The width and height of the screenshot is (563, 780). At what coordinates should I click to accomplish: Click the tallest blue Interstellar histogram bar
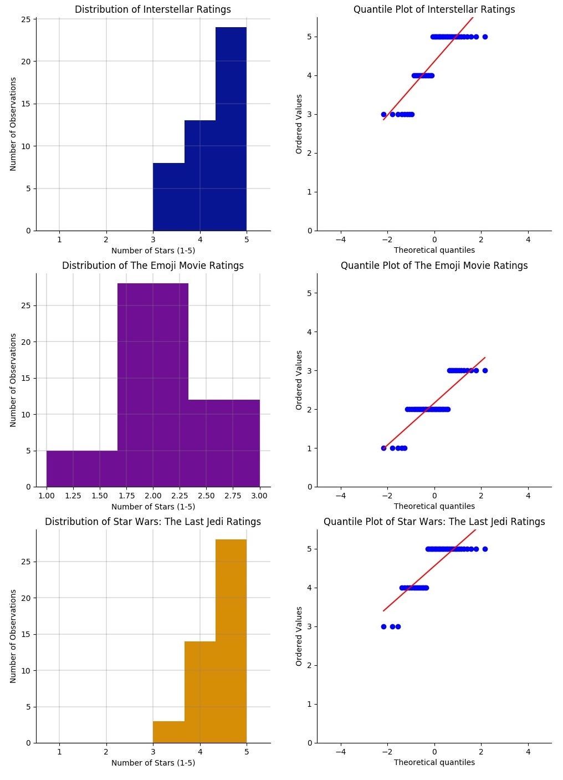[x=231, y=129]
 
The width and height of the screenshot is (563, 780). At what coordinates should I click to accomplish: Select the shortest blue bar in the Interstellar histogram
[x=168, y=197]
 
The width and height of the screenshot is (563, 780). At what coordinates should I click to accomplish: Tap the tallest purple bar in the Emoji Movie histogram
[x=153, y=385]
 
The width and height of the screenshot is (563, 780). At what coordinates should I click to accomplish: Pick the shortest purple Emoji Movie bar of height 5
[x=82, y=468]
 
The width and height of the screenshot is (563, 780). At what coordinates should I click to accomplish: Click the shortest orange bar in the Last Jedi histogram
[x=168, y=732]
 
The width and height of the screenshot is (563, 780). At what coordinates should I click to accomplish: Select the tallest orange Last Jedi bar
[x=231, y=641]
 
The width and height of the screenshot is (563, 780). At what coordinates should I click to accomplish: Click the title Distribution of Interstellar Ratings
[x=153, y=9]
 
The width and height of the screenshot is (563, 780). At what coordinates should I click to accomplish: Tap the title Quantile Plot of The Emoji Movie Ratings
[x=434, y=266]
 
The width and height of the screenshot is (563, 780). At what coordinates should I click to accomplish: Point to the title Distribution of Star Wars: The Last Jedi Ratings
[x=153, y=522]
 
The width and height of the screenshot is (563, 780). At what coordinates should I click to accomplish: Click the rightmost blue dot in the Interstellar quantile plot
[x=485, y=37]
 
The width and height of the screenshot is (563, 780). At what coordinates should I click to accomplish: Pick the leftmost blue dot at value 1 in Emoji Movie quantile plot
[x=383, y=448]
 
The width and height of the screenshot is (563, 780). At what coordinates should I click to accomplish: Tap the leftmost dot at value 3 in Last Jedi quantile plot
[x=383, y=626]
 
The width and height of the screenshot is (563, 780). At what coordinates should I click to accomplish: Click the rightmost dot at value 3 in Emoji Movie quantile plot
[x=485, y=370]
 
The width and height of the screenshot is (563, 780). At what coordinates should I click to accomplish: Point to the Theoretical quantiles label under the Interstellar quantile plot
[x=434, y=250]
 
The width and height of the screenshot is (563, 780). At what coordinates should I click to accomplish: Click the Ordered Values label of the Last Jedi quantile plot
[x=299, y=636]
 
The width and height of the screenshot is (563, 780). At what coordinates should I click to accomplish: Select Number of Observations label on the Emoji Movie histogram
[x=13, y=380]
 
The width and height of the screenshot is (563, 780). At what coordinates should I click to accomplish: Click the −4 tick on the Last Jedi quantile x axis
[x=340, y=752]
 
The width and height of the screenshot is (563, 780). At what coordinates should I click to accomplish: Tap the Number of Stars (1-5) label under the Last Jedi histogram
[x=153, y=763]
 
